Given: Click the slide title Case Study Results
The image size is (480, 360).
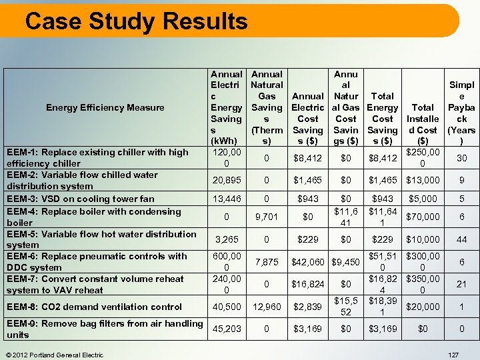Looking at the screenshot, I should pyautogui.click(x=136, y=21).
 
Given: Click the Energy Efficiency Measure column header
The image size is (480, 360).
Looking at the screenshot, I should pyautogui.click(x=105, y=107).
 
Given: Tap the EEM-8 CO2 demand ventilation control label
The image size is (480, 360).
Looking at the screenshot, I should pyautogui.click(x=94, y=307).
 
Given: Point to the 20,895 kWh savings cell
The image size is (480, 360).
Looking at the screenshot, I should pyautogui.click(x=226, y=181).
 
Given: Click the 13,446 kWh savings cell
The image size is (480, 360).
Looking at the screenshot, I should pyautogui.click(x=226, y=199).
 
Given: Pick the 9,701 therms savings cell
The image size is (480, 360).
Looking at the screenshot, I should pyautogui.click(x=267, y=217).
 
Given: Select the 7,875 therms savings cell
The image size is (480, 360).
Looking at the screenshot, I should pyautogui.click(x=267, y=262).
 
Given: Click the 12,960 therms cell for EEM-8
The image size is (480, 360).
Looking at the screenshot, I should pyautogui.click(x=267, y=307).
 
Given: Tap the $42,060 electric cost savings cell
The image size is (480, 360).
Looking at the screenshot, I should pyautogui.click(x=307, y=262).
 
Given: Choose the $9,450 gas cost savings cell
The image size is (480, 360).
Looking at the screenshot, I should pyautogui.click(x=346, y=262).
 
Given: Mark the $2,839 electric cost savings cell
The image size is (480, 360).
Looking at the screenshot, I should pyautogui.click(x=307, y=307).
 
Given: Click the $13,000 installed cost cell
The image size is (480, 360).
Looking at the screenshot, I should pyautogui.click(x=423, y=181).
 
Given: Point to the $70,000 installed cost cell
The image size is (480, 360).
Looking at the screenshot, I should pyautogui.click(x=423, y=217).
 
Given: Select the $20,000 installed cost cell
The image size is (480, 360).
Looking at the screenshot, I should pyautogui.click(x=423, y=307).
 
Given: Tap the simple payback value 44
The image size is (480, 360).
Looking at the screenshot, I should pyautogui.click(x=461, y=239).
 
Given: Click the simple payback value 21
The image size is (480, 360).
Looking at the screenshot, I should pyautogui.click(x=461, y=284).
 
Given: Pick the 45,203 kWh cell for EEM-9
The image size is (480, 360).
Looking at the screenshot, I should pyautogui.click(x=226, y=329).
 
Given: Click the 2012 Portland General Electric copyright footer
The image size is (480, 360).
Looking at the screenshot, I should pyautogui.click(x=54, y=355).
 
